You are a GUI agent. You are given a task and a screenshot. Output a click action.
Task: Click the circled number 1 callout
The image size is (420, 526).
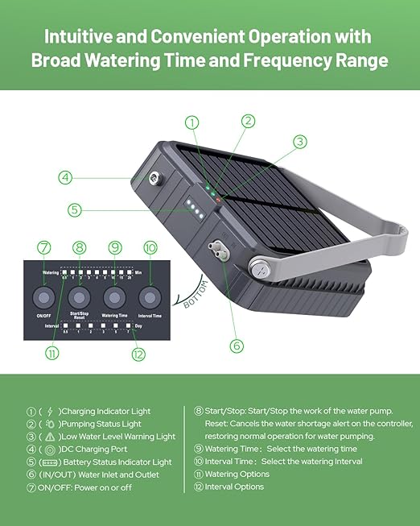pos(191,122)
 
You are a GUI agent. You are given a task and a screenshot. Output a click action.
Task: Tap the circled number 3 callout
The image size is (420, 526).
pos(299,141)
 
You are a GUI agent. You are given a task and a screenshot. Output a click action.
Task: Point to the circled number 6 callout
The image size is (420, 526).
pos(236,346)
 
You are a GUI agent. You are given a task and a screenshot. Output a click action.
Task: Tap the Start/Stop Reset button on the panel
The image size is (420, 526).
pos(79,298)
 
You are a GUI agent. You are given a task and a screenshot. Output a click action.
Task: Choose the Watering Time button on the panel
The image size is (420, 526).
pos(115,298)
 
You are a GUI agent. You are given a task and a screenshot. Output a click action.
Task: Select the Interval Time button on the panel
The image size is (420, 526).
pos(150,298)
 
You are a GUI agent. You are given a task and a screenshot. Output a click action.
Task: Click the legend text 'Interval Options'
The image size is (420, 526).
pos(234,487)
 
